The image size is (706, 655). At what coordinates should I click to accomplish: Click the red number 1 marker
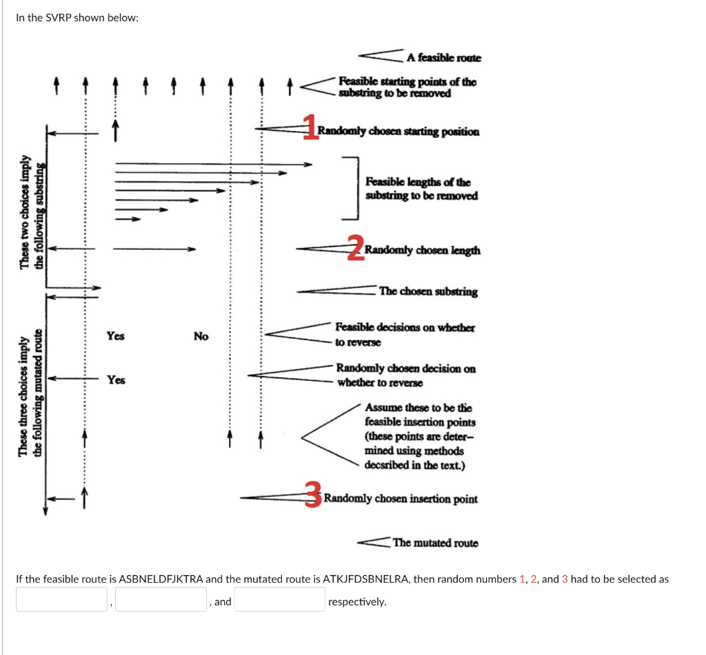(312, 128)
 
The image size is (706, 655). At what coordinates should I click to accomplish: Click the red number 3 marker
(314, 495)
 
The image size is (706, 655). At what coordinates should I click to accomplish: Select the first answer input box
(62, 599)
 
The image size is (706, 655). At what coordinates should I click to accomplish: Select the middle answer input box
(161, 599)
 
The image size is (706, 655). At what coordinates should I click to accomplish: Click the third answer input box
(280, 599)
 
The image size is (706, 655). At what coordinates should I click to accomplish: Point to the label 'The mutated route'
(435, 543)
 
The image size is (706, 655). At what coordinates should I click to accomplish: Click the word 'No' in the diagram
(201, 336)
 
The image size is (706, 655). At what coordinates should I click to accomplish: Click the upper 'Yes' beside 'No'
(115, 336)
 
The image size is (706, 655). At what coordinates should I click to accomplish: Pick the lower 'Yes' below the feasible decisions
(116, 380)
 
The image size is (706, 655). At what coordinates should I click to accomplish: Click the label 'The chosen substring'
(427, 291)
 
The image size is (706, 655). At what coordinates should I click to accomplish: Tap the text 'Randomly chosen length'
(423, 250)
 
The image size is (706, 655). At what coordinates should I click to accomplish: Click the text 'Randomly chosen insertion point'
(401, 499)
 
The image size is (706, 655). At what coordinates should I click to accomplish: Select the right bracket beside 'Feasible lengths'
(354, 187)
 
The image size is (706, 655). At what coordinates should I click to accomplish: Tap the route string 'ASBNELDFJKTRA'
(161, 579)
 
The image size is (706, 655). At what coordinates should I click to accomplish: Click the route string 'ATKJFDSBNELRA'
(367, 579)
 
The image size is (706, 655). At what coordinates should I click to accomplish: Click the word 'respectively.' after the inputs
(357, 601)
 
